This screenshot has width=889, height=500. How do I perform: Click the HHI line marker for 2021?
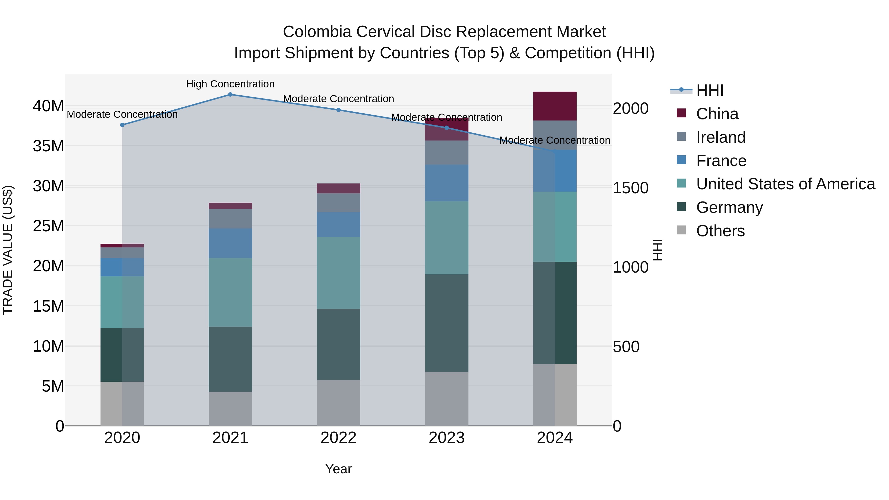(x=230, y=95)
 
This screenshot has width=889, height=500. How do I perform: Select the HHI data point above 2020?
(x=122, y=125)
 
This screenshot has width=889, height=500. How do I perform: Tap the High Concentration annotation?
(x=230, y=84)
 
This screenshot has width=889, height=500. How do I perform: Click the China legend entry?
(x=717, y=114)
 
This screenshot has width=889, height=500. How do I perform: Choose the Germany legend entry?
(x=729, y=207)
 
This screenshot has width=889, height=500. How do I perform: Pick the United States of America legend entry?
(x=785, y=184)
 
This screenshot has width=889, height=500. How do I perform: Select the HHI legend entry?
(x=709, y=90)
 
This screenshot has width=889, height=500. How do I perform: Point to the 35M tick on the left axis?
(x=48, y=146)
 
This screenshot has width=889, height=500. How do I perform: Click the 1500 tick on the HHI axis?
(x=630, y=188)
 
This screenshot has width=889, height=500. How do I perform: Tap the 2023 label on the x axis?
(x=446, y=438)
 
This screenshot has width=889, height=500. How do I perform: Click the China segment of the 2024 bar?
(x=555, y=106)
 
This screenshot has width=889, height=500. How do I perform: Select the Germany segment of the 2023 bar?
(x=446, y=323)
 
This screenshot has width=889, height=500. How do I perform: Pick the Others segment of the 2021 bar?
(x=230, y=409)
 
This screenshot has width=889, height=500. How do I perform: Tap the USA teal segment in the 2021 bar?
(x=230, y=292)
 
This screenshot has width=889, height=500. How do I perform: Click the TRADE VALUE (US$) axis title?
(x=8, y=250)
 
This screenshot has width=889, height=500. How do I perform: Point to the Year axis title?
(x=338, y=469)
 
